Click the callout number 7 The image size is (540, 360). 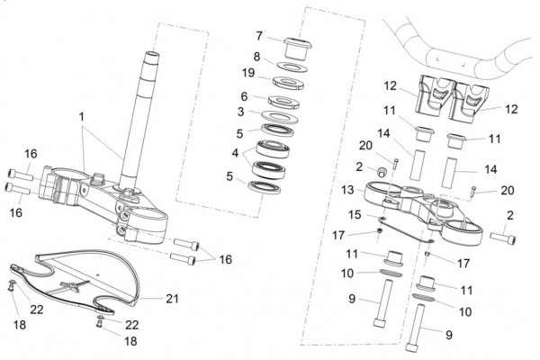click(259, 36)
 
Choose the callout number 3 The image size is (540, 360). click(240, 112)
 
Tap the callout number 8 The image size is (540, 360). click(256, 56)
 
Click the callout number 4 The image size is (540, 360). click(236, 152)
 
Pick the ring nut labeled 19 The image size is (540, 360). click(288, 84)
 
